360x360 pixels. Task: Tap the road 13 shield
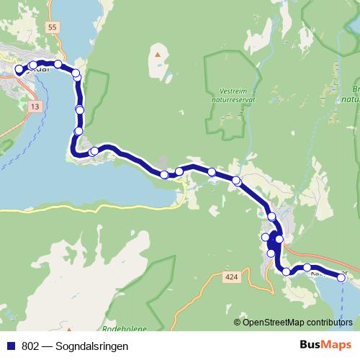[x=35, y=107]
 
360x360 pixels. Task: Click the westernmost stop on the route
[x=19, y=70]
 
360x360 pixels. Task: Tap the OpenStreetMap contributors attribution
[x=297, y=322]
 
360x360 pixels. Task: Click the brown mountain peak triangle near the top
[x=158, y=53]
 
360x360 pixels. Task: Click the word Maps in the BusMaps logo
[x=336, y=345]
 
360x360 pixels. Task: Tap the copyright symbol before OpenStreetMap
[x=238, y=322]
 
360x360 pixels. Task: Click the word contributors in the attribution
[x=330, y=322]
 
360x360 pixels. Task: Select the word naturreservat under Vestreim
[x=233, y=102]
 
